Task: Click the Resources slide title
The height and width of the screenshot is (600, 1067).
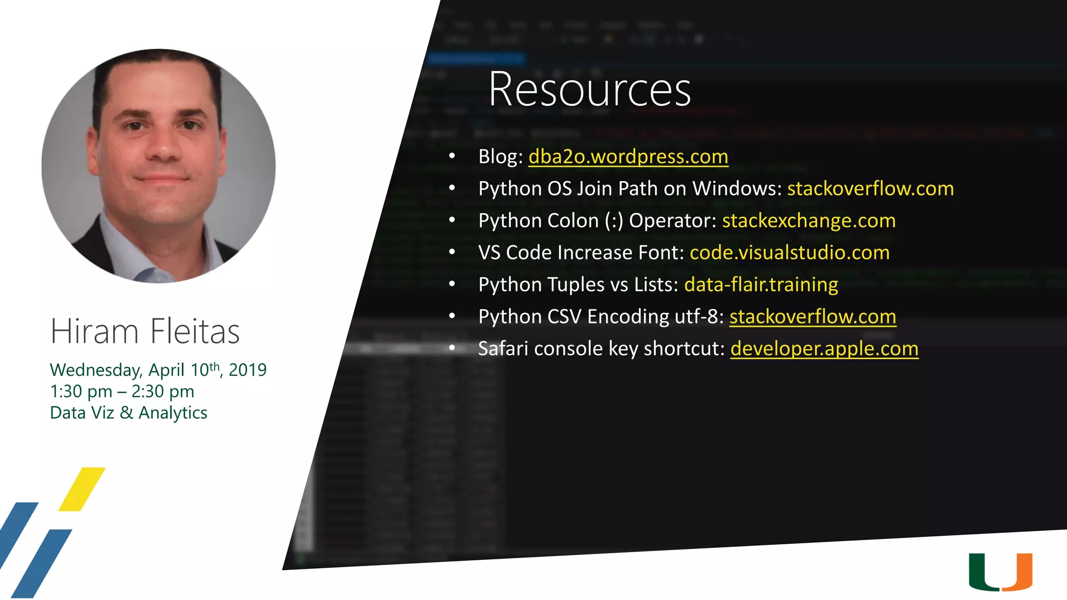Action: (x=589, y=90)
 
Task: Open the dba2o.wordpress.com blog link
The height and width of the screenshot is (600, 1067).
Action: (x=628, y=156)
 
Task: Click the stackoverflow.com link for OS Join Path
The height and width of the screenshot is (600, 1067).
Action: (x=870, y=189)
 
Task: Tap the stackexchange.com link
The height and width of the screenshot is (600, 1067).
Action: (x=809, y=221)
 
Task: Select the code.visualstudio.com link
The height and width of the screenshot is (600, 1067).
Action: (x=789, y=253)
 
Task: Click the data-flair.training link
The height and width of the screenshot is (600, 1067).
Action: (x=761, y=285)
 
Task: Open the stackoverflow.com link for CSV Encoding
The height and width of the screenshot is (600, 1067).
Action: (x=812, y=317)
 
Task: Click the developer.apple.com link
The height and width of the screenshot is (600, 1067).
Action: (x=824, y=348)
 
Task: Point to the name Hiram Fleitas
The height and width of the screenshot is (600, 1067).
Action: (x=145, y=331)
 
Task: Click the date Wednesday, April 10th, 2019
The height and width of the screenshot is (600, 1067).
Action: (x=158, y=370)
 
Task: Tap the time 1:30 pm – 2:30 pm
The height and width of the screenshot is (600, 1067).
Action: (x=122, y=391)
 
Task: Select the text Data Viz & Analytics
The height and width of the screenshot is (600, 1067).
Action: (x=128, y=413)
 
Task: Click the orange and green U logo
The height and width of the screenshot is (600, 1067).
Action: (x=1000, y=572)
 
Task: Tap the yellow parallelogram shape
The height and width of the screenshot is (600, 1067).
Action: (x=82, y=489)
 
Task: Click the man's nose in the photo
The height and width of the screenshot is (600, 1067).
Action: (x=164, y=148)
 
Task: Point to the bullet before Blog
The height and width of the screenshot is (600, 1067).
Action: (x=452, y=156)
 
